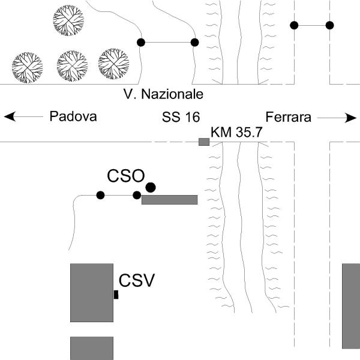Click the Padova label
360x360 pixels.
(x=73, y=117)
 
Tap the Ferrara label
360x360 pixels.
(x=289, y=117)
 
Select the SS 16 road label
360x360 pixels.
(x=181, y=117)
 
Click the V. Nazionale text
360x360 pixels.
(x=163, y=94)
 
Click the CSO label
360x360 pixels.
(x=125, y=176)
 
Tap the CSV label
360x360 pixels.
(x=137, y=280)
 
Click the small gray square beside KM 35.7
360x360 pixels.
(x=204, y=142)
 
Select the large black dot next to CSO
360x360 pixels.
(x=151, y=187)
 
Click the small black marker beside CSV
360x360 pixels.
(x=116, y=295)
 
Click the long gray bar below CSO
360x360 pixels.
(x=170, y=200)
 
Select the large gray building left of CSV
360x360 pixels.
(x=92, y=293)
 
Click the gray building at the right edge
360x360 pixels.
(x=351, y=306)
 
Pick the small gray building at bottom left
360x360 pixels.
(x=92, y=348)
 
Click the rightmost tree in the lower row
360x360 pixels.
(x=114, y=64)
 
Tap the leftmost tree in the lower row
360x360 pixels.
(x=28, y=67)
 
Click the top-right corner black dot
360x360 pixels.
(x=329, y=25)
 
